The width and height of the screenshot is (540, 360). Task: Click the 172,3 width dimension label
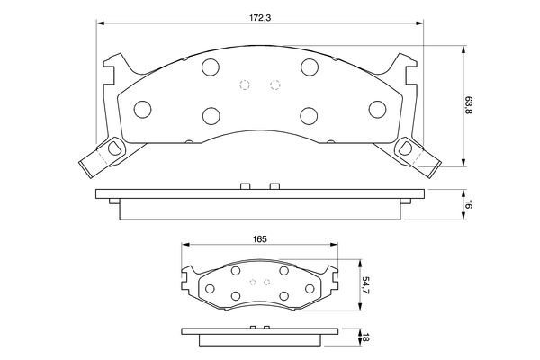tap(260, 18)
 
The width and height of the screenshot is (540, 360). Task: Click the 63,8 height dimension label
tap(468, 105)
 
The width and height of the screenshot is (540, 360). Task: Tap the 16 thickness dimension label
tap(468, 204)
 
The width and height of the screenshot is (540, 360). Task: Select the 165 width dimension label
tap(260, 239)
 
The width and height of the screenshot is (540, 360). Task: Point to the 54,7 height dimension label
tap(365, 285)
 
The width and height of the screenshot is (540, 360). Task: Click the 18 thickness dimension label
tap(365, 337)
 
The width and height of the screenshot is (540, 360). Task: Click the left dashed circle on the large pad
tap(245, 85)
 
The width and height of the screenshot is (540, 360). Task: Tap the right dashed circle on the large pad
tap(275, 85)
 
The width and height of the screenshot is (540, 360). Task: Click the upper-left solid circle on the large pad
tap(211, 67)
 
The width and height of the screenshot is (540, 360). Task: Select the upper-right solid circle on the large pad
tap(310, 67)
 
